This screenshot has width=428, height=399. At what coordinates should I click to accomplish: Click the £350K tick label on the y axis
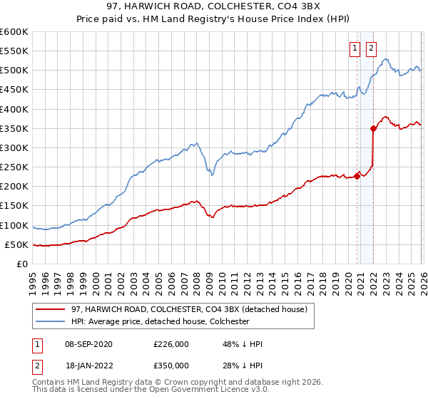pos(14,129)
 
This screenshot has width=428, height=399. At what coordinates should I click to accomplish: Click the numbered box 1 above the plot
pos(355,49)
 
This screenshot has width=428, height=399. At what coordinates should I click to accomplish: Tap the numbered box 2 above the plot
pos(371,49)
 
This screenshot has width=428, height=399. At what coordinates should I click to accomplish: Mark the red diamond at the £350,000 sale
pos(373,129)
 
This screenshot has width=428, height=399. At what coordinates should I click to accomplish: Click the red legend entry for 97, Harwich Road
pos(189,309)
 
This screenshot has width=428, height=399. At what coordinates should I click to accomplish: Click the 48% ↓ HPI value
pos(243,344)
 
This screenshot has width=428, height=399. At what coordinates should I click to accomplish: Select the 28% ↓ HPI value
pos(243,365)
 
